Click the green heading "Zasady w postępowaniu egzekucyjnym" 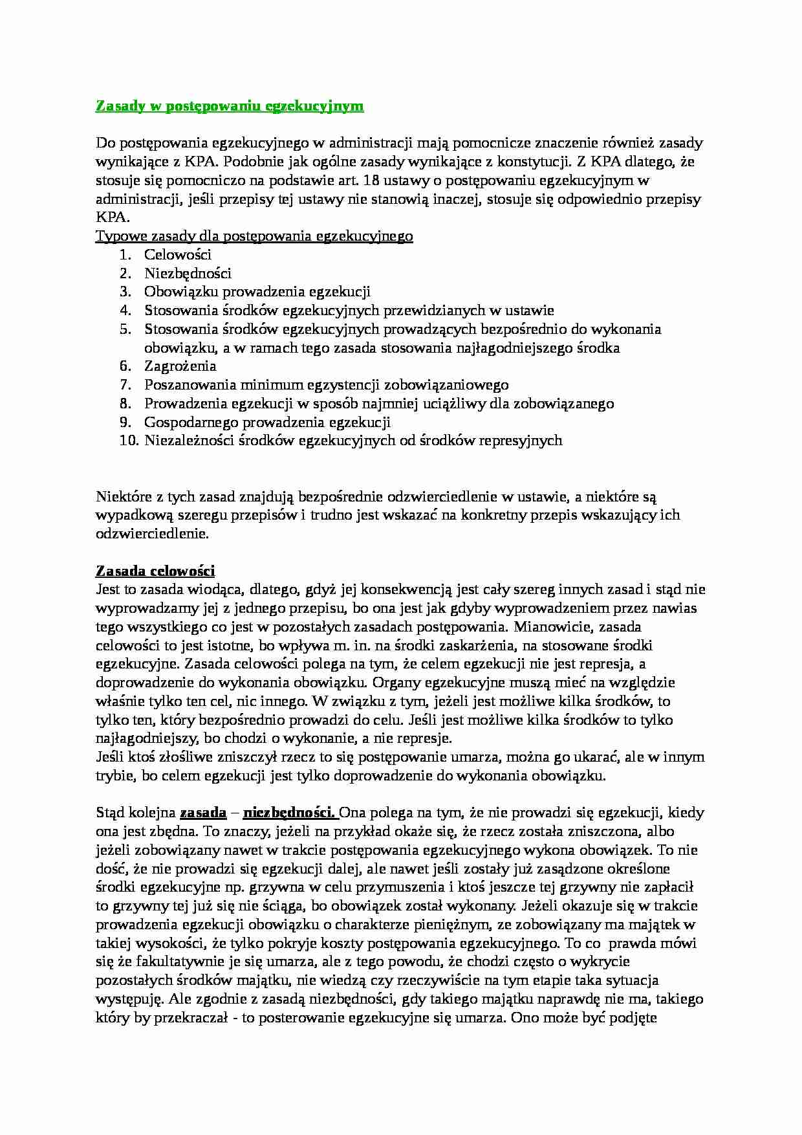[x=230, y=106]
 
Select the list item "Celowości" [x=178, y=255]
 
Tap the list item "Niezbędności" [x=188, y=273]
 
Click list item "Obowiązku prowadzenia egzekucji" [x=257, y=292]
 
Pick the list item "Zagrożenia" [x=180, y=366]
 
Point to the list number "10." [x=129, y=441]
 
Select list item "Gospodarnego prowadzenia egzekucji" [x=267, y=422]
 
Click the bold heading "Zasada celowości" [x=155, y=571]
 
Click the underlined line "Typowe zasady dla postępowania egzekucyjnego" [x=254, y=236]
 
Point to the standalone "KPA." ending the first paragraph [x=113, y=218]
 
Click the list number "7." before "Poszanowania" [x=125, y=385]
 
